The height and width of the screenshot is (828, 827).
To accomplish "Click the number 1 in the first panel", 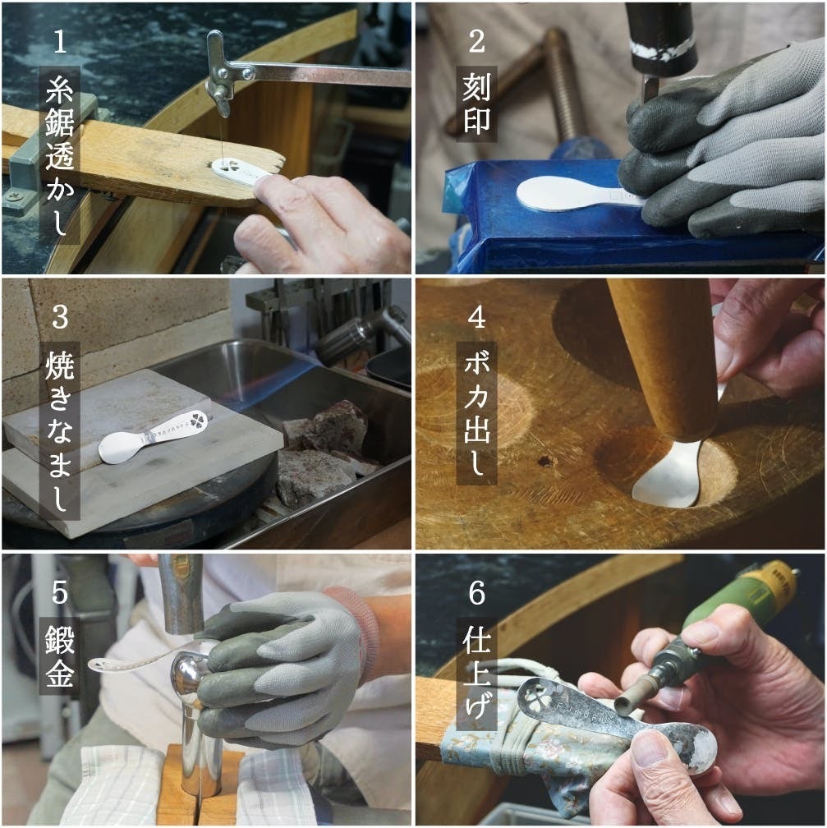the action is pos(60,41).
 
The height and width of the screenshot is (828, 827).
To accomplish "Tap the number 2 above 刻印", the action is pos(476,41).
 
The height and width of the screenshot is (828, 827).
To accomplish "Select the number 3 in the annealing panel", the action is pos(60,317).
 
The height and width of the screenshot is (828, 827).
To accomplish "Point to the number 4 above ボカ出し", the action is pos(476,317).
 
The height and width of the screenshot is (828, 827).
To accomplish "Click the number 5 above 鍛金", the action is pos(60,592).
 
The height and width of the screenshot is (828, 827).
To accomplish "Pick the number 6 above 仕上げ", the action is pos(476,592).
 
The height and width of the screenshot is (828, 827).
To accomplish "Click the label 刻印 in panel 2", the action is pos(476,103).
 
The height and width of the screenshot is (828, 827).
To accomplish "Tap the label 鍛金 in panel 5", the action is pos(60,655).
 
